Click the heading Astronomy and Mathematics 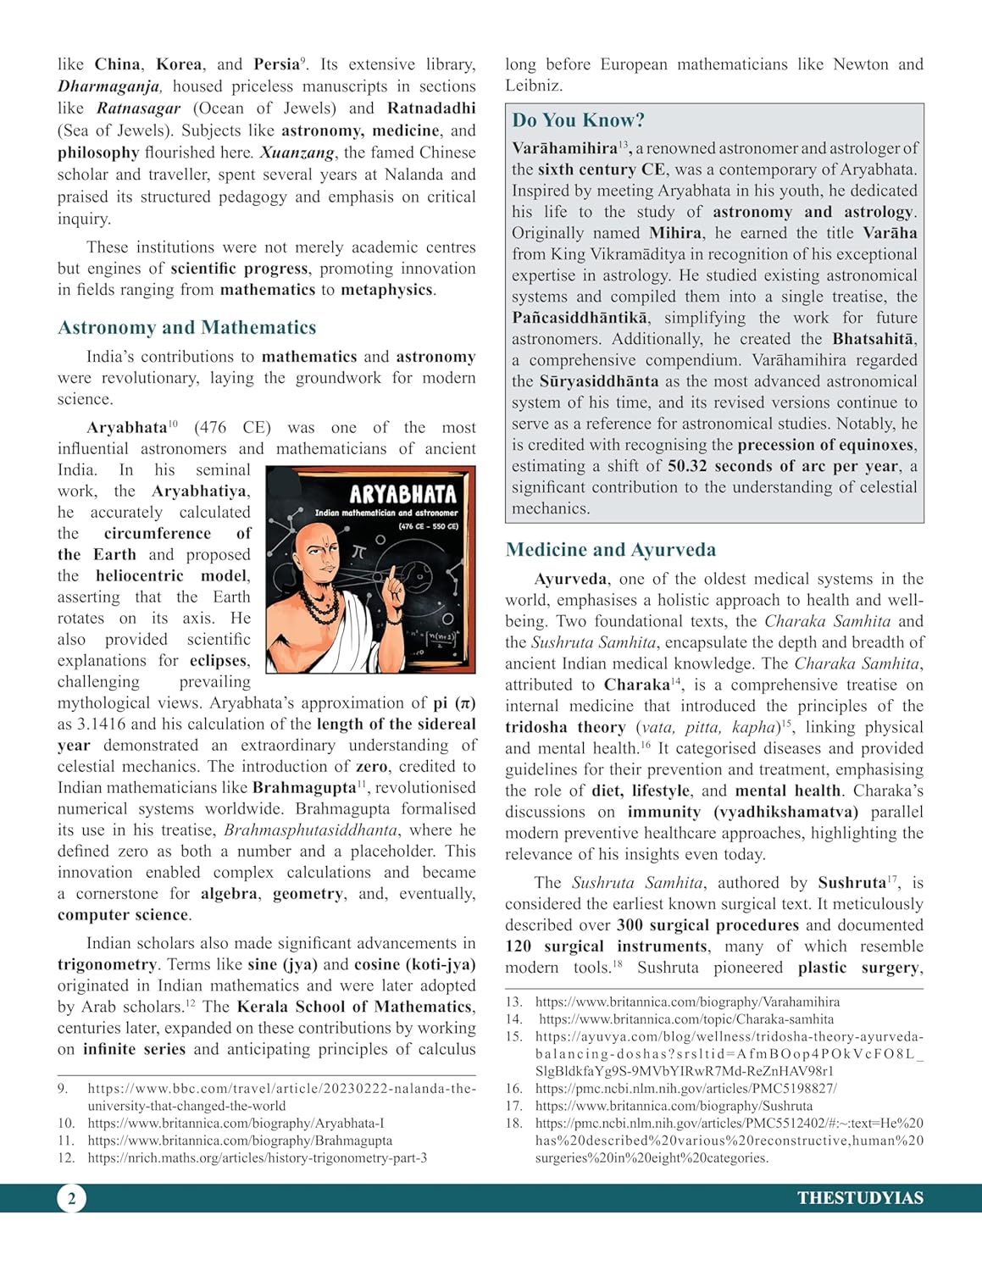186,328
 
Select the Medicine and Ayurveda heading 610,550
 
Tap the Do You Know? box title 578,120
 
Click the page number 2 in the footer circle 71,1198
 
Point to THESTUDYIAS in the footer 859,1198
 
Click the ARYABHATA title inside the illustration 402,494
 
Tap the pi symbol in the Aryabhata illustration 358,552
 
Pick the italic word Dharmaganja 109,86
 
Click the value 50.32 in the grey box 688,466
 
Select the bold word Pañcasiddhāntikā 580,318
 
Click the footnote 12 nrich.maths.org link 257,1157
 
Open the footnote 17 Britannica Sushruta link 674,1106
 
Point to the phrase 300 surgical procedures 707,925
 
